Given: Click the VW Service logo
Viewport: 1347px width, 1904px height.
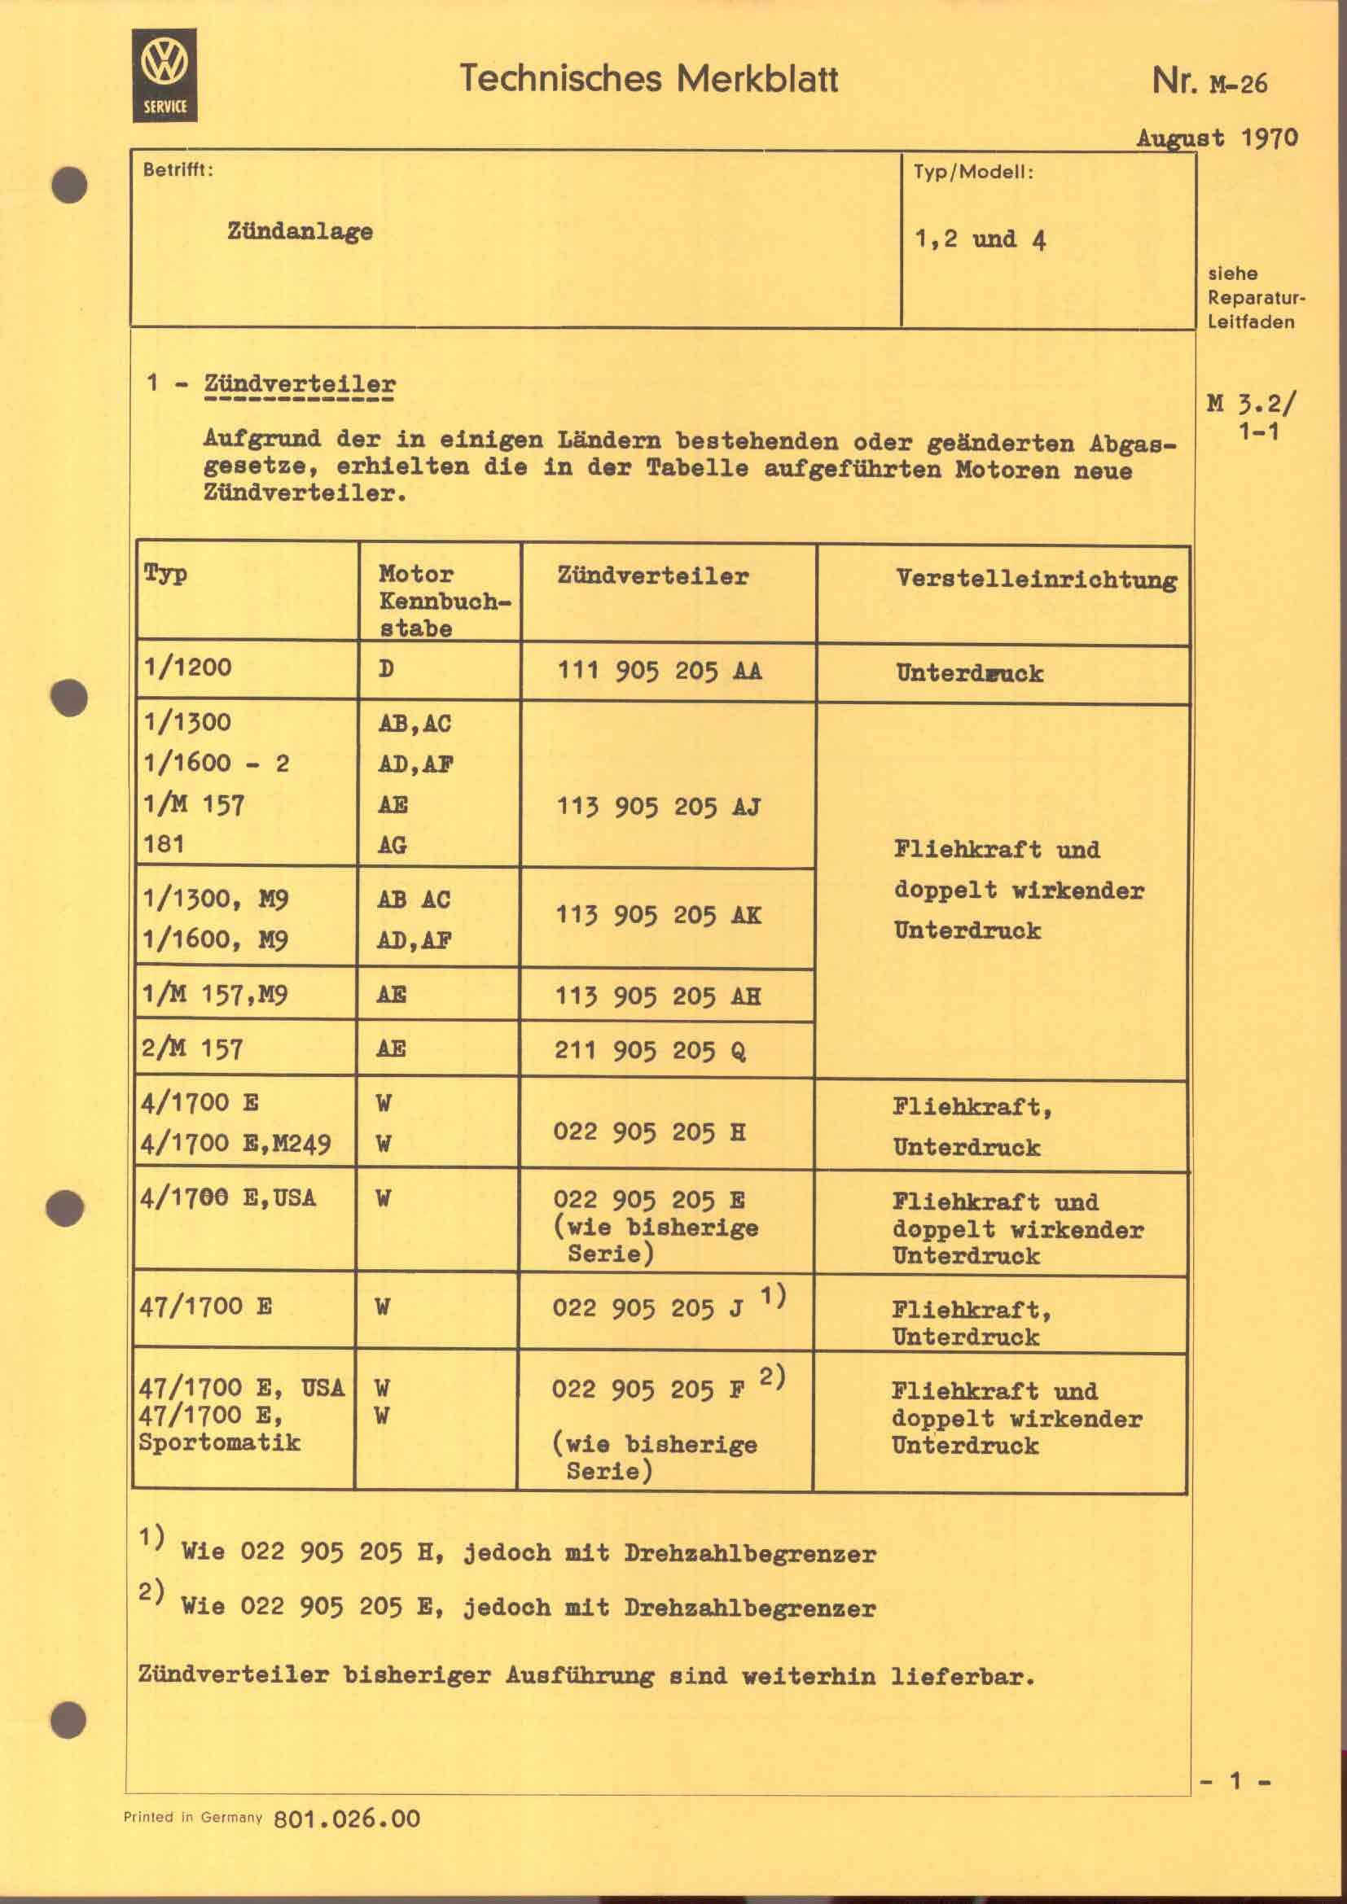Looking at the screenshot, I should (x=165, y=76).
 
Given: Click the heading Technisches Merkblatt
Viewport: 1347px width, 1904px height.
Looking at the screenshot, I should (x=648, y=79).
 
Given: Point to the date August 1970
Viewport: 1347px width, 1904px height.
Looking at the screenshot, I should (x=1217, y=138).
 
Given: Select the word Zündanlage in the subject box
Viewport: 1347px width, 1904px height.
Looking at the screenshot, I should (x=301, y=231).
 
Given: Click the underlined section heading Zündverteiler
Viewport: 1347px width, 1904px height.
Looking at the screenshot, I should (x=300, y=385).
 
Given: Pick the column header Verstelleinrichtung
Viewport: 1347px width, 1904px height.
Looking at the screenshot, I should (x=1036, y=579).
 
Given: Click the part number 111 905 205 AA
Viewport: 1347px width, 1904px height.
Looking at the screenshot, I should (x=659, y=671).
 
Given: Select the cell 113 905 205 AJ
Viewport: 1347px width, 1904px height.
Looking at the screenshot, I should (x=659, y=806).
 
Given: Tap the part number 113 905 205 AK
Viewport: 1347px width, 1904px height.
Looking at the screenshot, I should (x=659, y=915).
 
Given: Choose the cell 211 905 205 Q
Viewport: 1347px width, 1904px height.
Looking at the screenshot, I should (x=650, y=1051).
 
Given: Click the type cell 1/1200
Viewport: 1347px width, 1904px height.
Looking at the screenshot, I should (x=187, y=667).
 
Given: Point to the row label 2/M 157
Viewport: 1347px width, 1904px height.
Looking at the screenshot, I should (x=191, y=1049).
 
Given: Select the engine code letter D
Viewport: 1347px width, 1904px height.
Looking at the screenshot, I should (x=387, y=668).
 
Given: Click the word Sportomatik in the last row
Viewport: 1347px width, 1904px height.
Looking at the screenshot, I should (x=219, y=1442).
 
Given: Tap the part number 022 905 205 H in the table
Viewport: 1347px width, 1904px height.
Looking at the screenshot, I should (x=649, y=1132).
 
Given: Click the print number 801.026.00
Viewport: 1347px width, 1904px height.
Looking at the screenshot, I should (x=347, y=1819).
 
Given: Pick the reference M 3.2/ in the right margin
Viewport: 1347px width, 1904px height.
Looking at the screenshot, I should (x=1251, y=404).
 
